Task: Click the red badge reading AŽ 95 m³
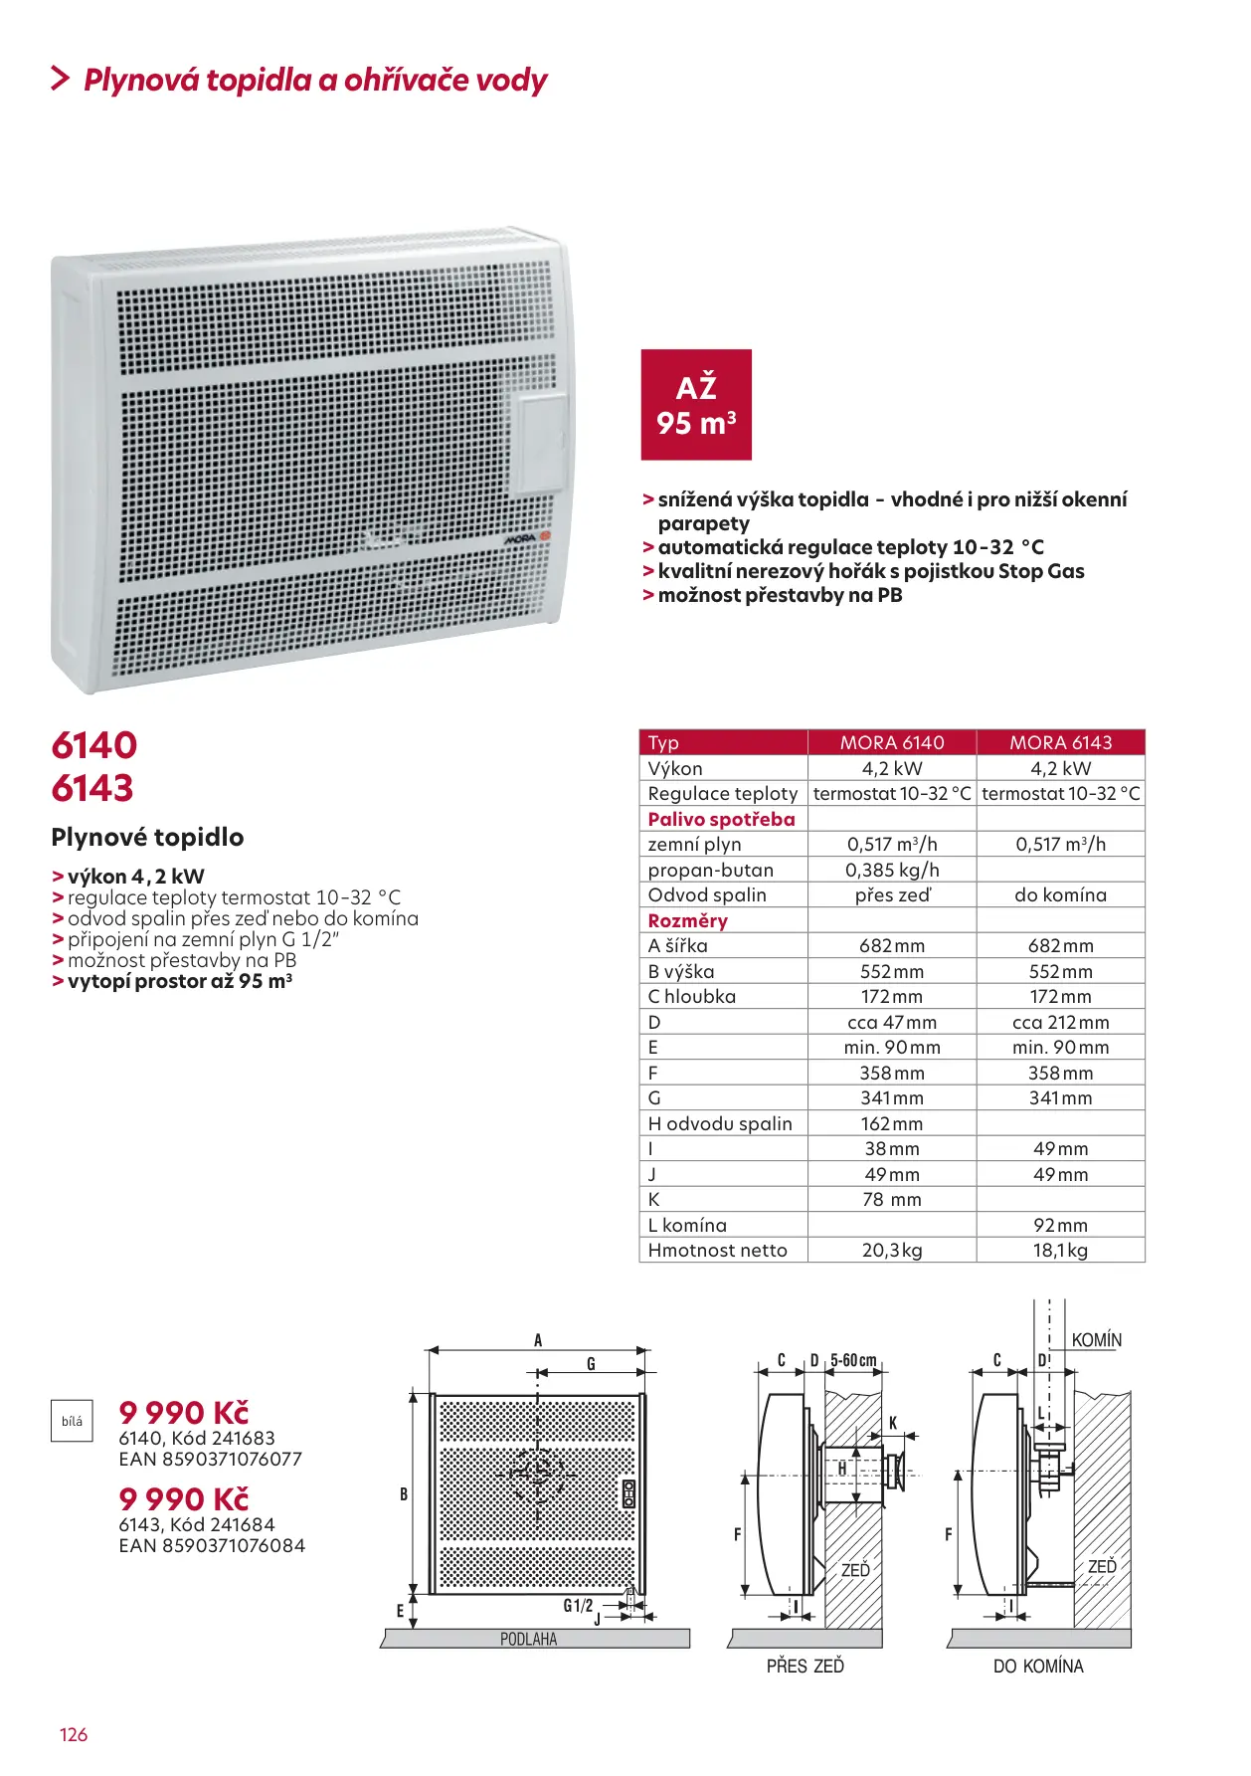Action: pos(696,405)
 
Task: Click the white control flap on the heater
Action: pos(538,444)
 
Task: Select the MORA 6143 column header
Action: pos(1060,742)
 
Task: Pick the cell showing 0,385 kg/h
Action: pos(892,870)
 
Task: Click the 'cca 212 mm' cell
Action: pos(1060,1022)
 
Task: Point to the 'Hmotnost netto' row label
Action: pos(717,1251)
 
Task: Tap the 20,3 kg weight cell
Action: pos(892,1251)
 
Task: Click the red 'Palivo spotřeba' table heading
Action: pos(721,819)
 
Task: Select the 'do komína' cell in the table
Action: pos(1060,894)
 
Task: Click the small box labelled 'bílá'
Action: pos(72,1422)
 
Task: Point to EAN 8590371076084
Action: pos(212,1546)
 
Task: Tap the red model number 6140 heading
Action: pos(94,745)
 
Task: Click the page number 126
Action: pos(74,1735)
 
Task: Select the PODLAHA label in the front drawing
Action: pos(528,1639)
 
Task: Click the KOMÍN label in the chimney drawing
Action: pos(1096,1340)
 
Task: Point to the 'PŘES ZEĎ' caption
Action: pos(804,1666)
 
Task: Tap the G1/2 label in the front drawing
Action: pos(578,1606)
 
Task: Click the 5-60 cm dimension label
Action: pos(853,1360)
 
